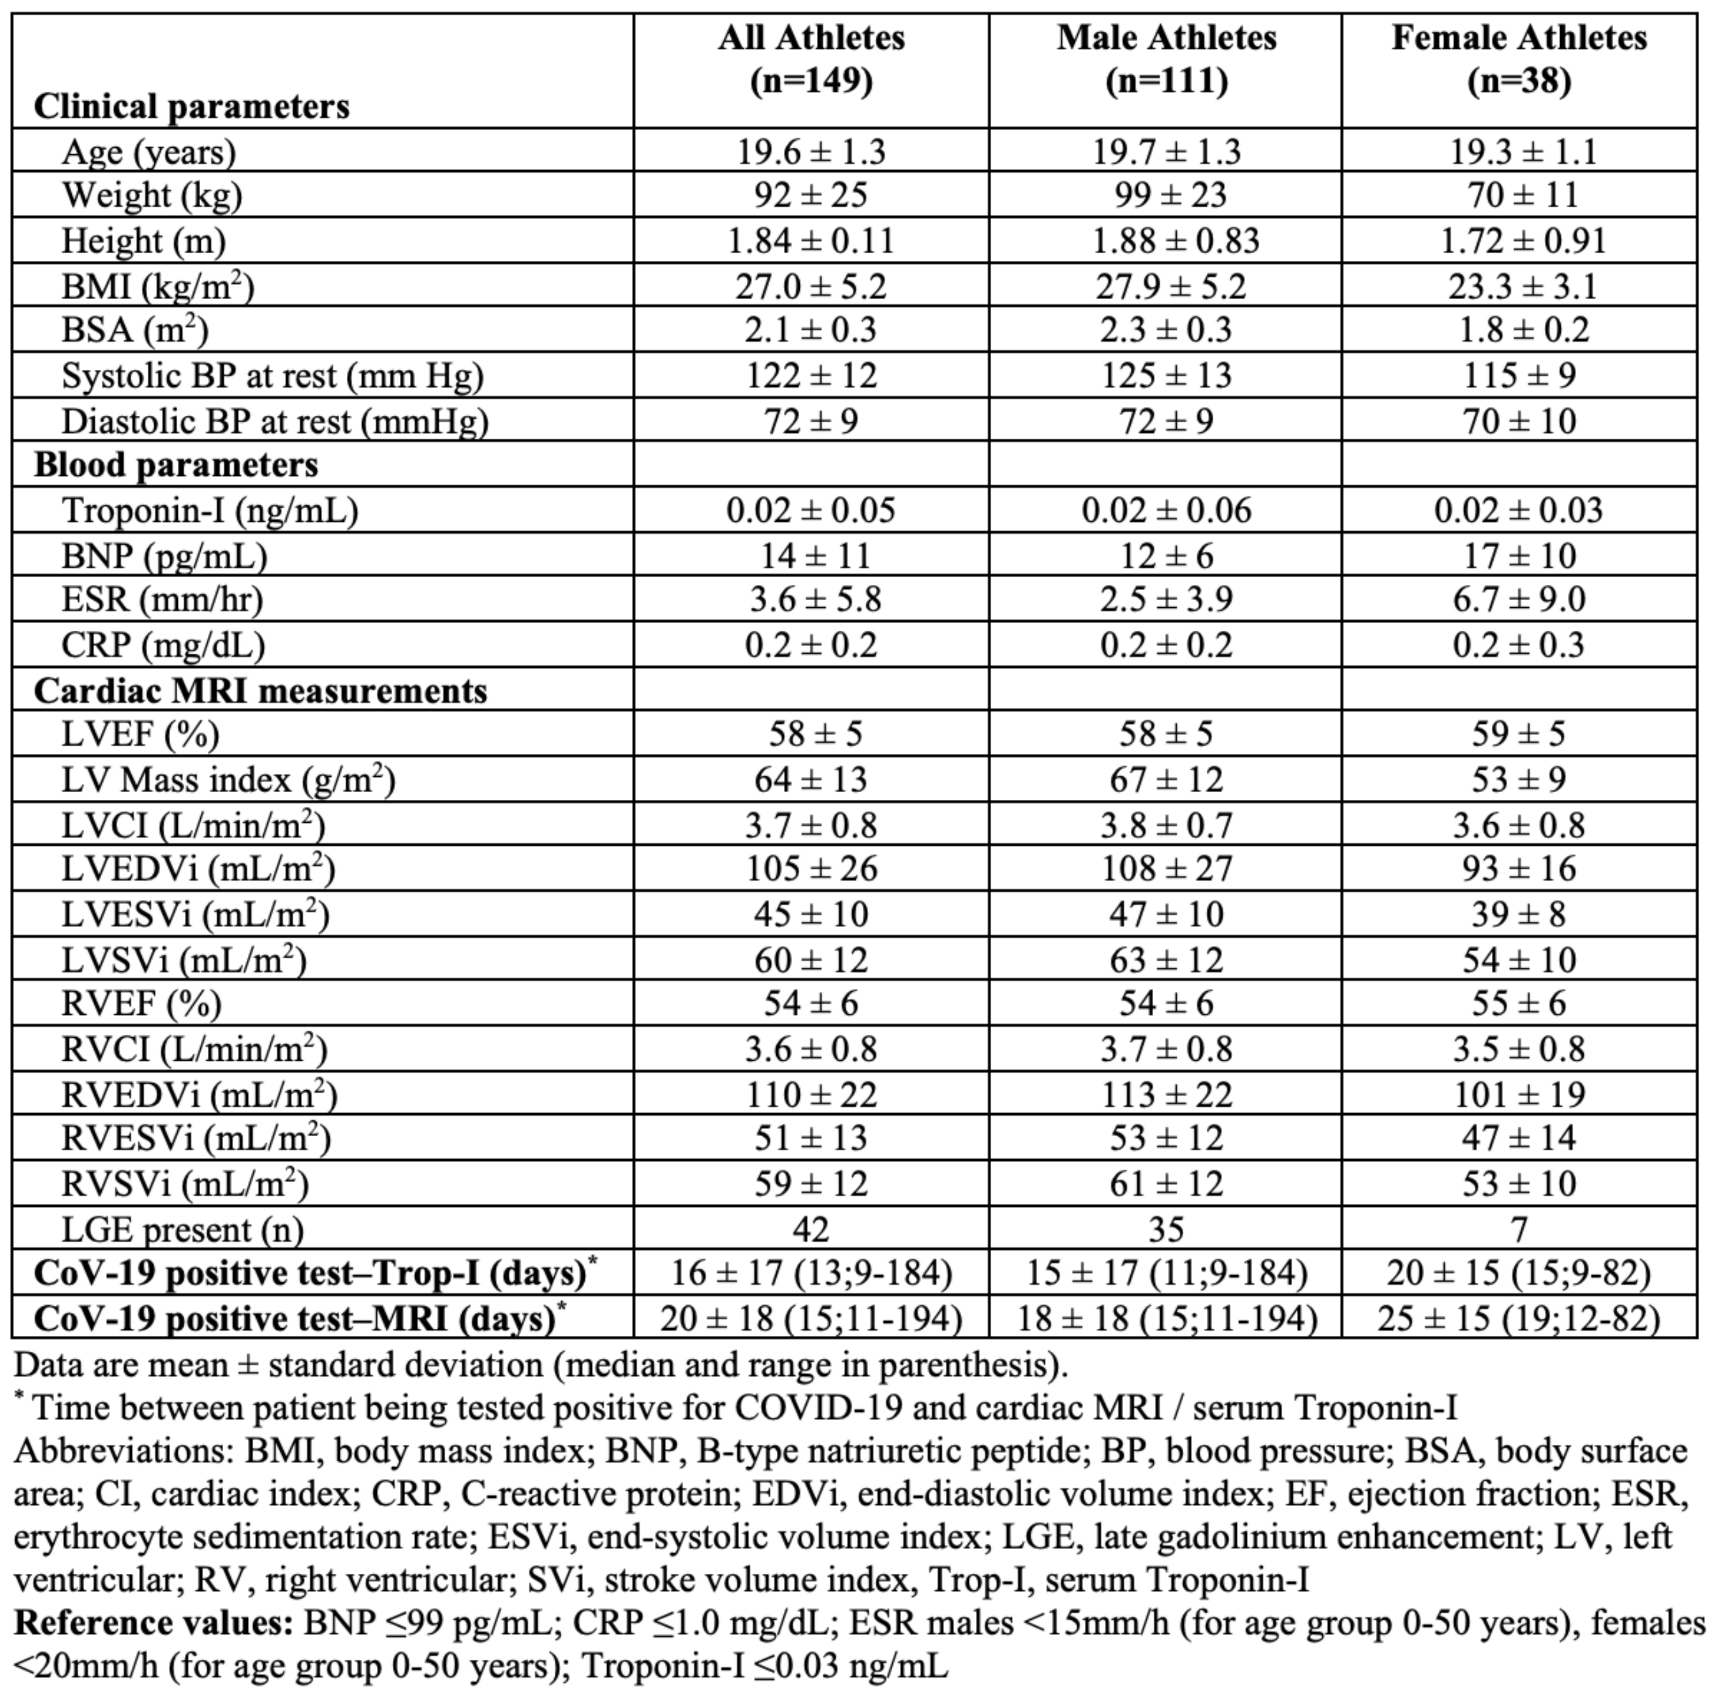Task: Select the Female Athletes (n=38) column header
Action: [1519, 60]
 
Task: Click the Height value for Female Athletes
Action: [1519, 241]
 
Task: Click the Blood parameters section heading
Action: [176, 465]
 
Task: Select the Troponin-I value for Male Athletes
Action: [1166, 510]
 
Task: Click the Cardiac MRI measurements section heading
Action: [260, 690]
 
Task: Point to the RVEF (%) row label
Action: [141, 1004]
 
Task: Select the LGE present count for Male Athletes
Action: [1166, 1229]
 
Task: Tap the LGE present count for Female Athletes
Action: [1519, 1229]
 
